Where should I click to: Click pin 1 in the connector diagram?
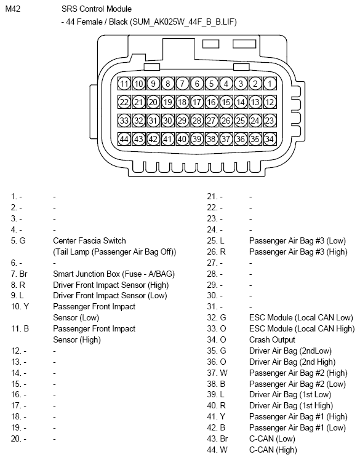coord(270,84)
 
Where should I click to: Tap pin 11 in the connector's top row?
coord(124,84)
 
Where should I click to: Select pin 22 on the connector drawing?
coord(124,102)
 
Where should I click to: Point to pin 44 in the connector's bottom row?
coord(124,139)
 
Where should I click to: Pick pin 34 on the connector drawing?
coord(270,139)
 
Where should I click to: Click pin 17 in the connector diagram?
coord(197,102)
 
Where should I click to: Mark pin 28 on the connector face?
coord(197,121)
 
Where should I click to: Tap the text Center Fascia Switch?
coord(89,240)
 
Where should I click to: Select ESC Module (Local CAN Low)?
coord(301,317)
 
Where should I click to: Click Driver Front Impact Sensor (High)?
coord(111,285)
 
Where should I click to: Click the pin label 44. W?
coord(216,450)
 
